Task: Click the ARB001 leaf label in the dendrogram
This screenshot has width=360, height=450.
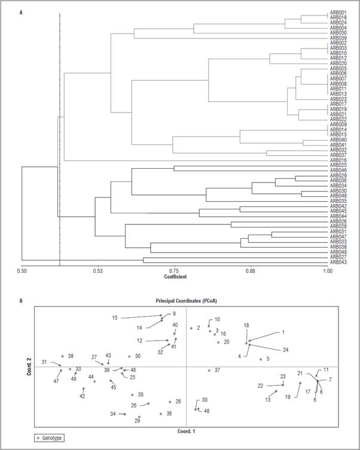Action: click(x=338, y=13)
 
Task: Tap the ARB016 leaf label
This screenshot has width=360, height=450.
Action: click(x=338, y=161)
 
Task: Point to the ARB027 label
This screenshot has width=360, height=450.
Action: click(x=338, y=258)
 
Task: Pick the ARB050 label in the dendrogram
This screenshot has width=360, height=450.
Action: click(x=338, y=33)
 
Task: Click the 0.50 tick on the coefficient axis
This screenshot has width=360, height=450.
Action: click(x=22, y=272)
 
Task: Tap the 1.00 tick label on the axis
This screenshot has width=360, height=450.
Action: click(x=328, y=272)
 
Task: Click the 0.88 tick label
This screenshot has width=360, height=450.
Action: click(x=251, y=272)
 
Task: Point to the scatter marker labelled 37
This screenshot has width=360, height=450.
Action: click(x=209, y=371)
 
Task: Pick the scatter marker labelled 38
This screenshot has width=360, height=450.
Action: click(x=63, y=356)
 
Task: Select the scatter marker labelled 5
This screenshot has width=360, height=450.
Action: click(x=261, y=360)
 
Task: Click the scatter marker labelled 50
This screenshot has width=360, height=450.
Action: click(x=129, y=357)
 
